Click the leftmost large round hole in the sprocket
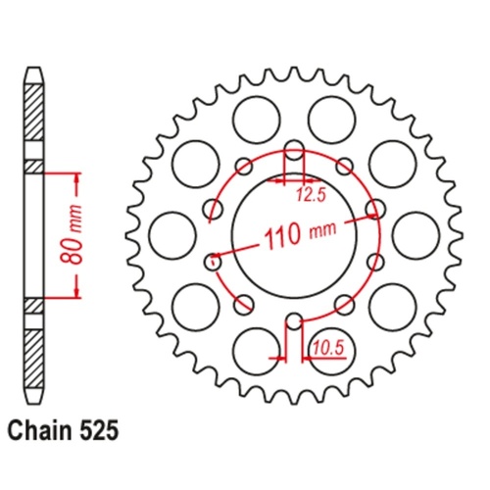(x=172, y=234)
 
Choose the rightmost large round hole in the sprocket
(x=414, y=235)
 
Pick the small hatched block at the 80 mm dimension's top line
(x=34, y=167)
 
